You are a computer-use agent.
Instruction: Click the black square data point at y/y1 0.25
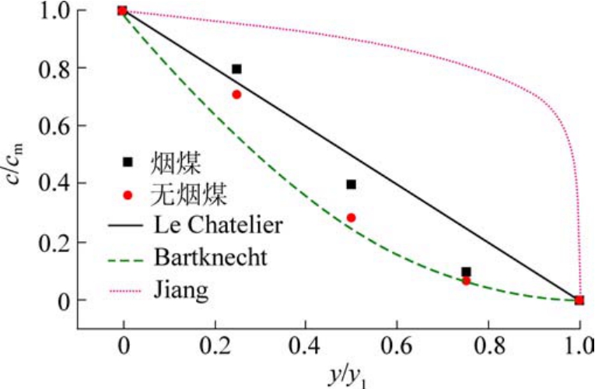(236, 69)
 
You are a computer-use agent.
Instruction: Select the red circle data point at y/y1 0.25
(236, 95)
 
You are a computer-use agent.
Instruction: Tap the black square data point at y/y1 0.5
(351, 184)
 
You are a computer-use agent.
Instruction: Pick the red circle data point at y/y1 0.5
(351, 218)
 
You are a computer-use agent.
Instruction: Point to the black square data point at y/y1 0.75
(465, 272)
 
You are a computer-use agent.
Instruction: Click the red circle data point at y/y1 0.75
(465, 281)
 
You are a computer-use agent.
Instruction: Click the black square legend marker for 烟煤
(128, 163)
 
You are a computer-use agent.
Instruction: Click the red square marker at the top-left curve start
(122, 10)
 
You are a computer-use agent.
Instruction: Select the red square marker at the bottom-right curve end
(579, 300)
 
